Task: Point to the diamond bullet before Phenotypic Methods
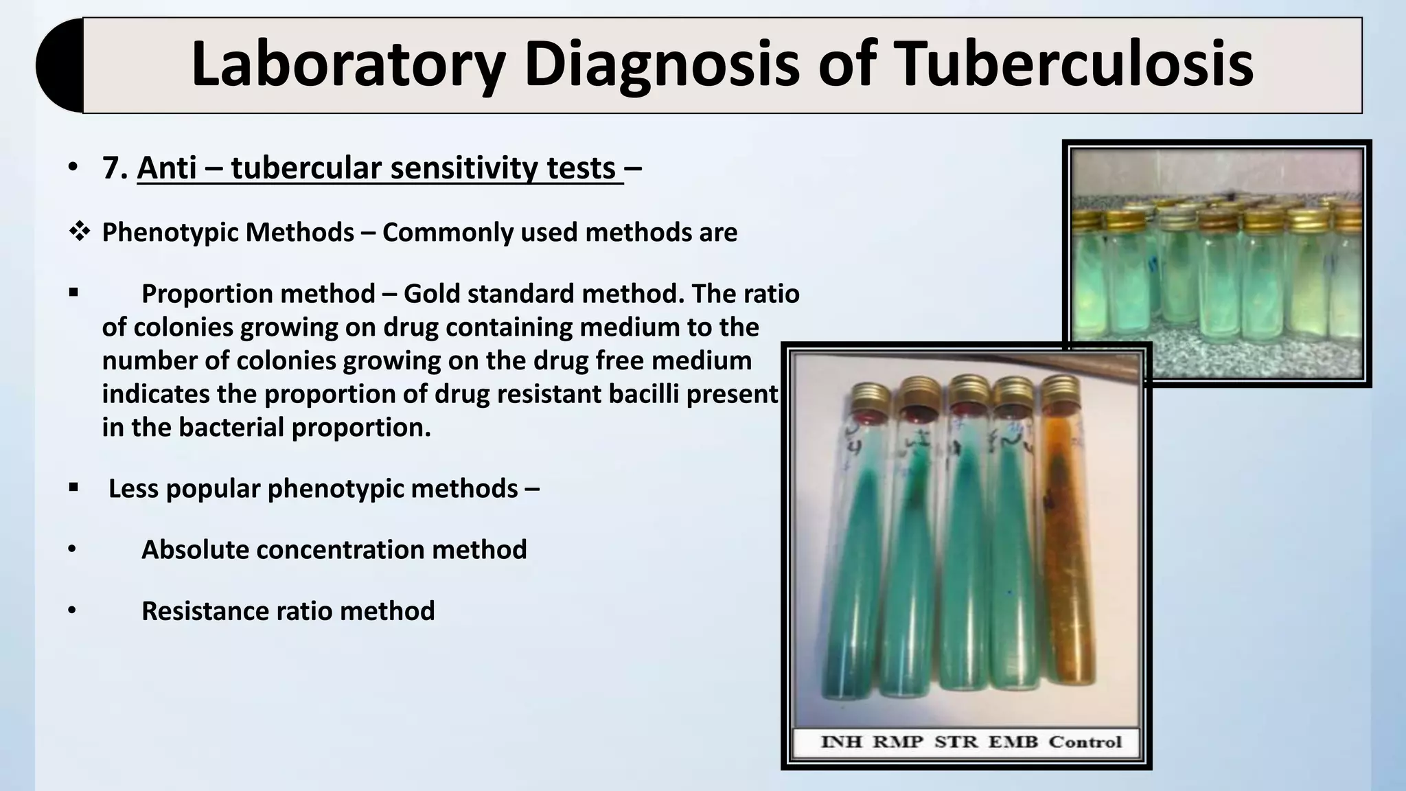click(x=79, y=232)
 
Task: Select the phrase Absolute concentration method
click(x=334, y=549)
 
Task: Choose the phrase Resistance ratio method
click(x=288, y=610)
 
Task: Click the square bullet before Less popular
click(x=73, y=488)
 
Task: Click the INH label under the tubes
click(x=841, y=742)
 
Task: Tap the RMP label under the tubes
click(x=897, y=742)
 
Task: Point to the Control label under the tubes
click(x=1085, y=742)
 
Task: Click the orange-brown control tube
click(x=1070, y=549)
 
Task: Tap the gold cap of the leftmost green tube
click(x=870, y=395)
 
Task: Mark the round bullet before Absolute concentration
click(x=72, y=550)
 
